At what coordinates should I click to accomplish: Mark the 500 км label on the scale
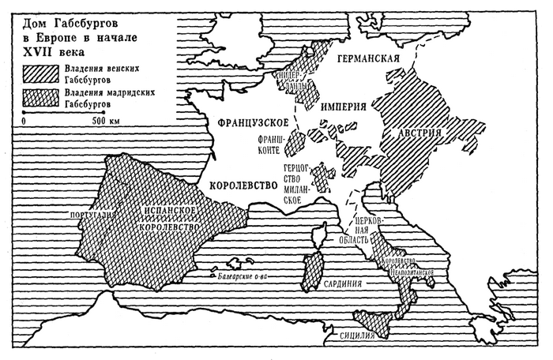(104, 121)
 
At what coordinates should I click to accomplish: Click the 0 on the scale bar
(24, 121)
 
